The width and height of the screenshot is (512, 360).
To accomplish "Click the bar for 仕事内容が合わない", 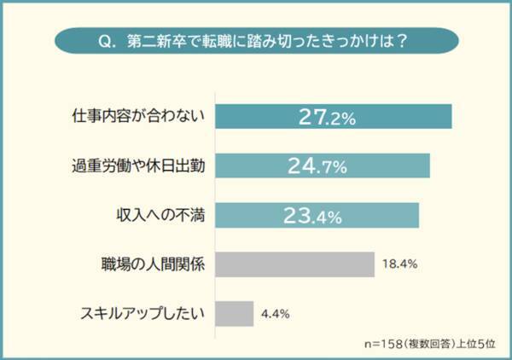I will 256,117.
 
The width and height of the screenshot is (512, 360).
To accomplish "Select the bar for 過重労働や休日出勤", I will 256,166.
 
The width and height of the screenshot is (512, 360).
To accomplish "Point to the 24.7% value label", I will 317,166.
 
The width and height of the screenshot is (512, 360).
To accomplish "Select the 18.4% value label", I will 399,264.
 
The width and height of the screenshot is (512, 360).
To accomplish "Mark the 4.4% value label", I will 276,314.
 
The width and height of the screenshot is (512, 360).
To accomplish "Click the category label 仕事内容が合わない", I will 140,117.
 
